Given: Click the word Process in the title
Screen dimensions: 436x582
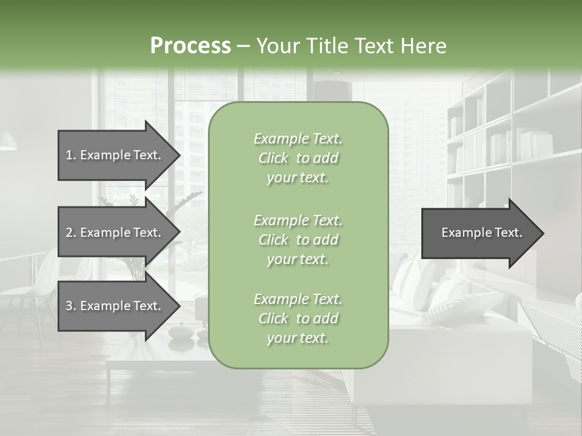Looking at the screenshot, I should click(x=190, y=46).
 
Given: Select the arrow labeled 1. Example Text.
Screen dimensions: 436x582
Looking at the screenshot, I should click(x=115, y=155).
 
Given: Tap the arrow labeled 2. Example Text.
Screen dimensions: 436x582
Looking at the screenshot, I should click(x=115, y=233).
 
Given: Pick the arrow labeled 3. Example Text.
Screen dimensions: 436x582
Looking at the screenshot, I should click(x=115, y=306).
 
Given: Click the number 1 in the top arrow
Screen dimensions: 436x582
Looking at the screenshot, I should click(x=69, y=155).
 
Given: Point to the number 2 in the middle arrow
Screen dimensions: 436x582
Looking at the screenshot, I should click(x=69, y=233).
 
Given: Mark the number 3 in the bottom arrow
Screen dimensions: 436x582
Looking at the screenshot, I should click(x=69, y=306).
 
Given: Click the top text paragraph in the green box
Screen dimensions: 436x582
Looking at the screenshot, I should click(x=298, y=158).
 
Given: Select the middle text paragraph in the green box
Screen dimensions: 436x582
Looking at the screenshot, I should click(x=298, y=239).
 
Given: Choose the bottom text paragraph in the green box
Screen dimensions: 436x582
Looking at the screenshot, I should click(x=298, y=319).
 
